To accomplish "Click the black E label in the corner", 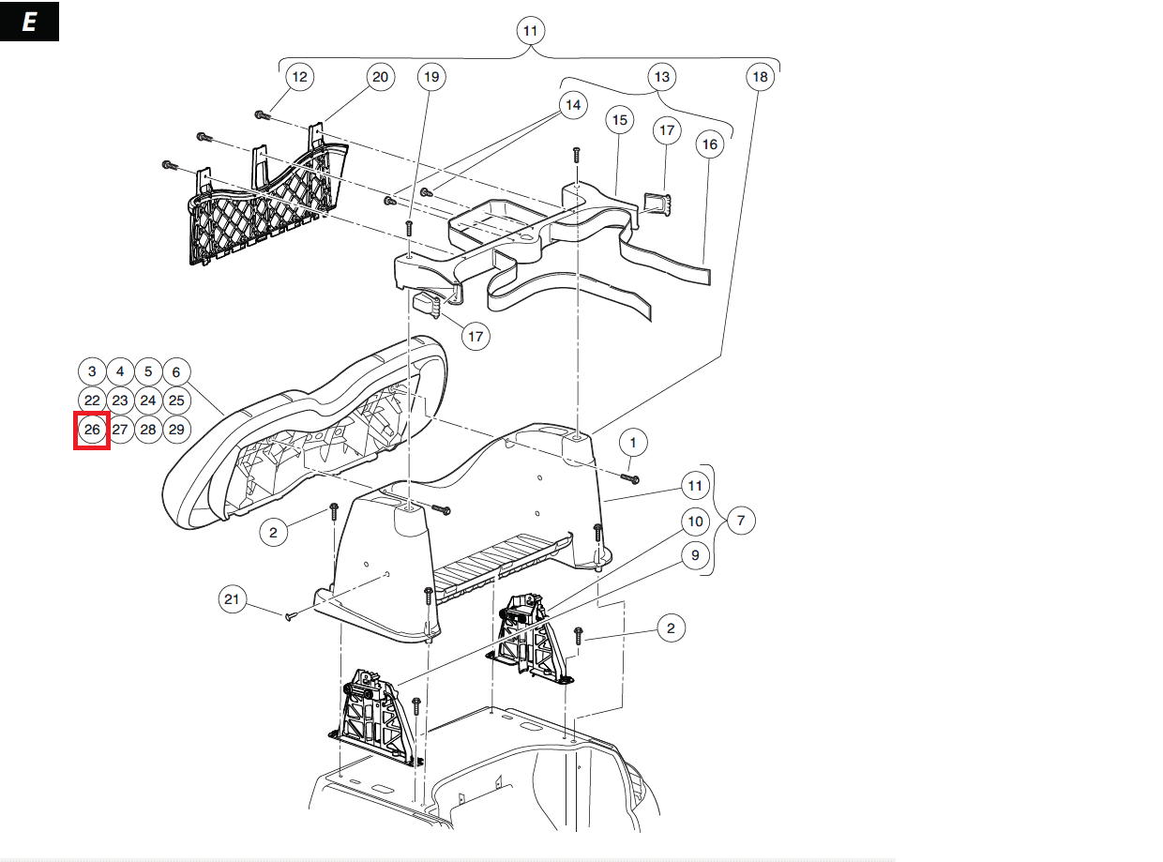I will click(x=29, y=23).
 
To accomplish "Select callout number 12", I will click(x=299, y=77).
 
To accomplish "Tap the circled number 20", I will click(x=380, y=77).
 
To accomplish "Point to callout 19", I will click(x=430, y=77).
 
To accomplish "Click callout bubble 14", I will click(x=572, y=104).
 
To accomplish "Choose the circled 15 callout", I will click(x=620, y=120).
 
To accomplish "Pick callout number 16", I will click(x=709, y=144).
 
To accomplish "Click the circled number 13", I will click(x=661, y=76).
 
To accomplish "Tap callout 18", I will click(x=760, y=76).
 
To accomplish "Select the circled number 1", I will click(x=633, y=442).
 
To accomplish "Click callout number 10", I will click(x=695, y=522).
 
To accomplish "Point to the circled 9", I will click(x=695, y=555).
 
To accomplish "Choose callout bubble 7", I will click(x=740, y=520).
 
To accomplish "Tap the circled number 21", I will click(x=234, y=598).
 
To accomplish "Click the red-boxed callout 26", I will click(x=92, y=431).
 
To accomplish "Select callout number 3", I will click(x=92, y=371).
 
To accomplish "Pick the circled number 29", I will click(x=176, y=431).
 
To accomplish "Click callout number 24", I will click(x=148, y=401).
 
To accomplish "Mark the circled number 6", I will click(x=176, y=371).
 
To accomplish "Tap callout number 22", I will click(x=92, y=401).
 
